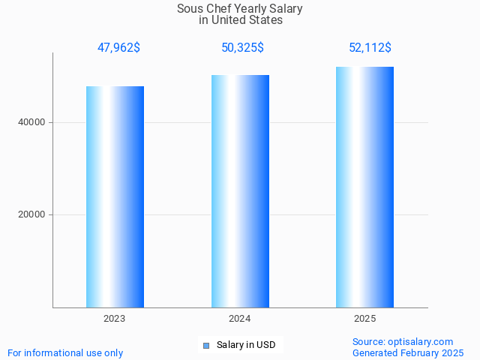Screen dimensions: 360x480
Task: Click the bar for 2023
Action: coord(115,196)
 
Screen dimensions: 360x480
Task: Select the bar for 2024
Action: coord(240,191)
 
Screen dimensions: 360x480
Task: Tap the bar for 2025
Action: coord(364,187)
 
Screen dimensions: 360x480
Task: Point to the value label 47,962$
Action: coord(118,48)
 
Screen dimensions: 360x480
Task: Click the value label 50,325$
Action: coord(242,48)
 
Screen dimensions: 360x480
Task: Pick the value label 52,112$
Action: coord(370,48)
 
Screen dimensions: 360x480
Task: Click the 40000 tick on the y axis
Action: coord(31,122)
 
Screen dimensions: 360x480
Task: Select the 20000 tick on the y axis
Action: coord(31,214)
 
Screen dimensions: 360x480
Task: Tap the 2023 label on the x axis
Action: coord(115,319)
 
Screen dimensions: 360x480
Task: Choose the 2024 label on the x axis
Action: coord(240,319)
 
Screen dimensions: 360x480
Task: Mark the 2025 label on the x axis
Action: coord(364,319)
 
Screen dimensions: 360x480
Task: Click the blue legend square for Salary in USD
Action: coord(205,345)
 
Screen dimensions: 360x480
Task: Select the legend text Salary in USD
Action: coord(246,345)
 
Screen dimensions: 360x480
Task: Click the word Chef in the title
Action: coord(217,9)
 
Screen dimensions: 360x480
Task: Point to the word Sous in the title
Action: coord(189,9)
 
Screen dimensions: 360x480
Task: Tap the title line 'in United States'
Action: coord(241,20)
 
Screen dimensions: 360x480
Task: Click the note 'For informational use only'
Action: coord(65,352)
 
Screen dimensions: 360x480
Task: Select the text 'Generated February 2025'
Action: coord(408,352)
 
